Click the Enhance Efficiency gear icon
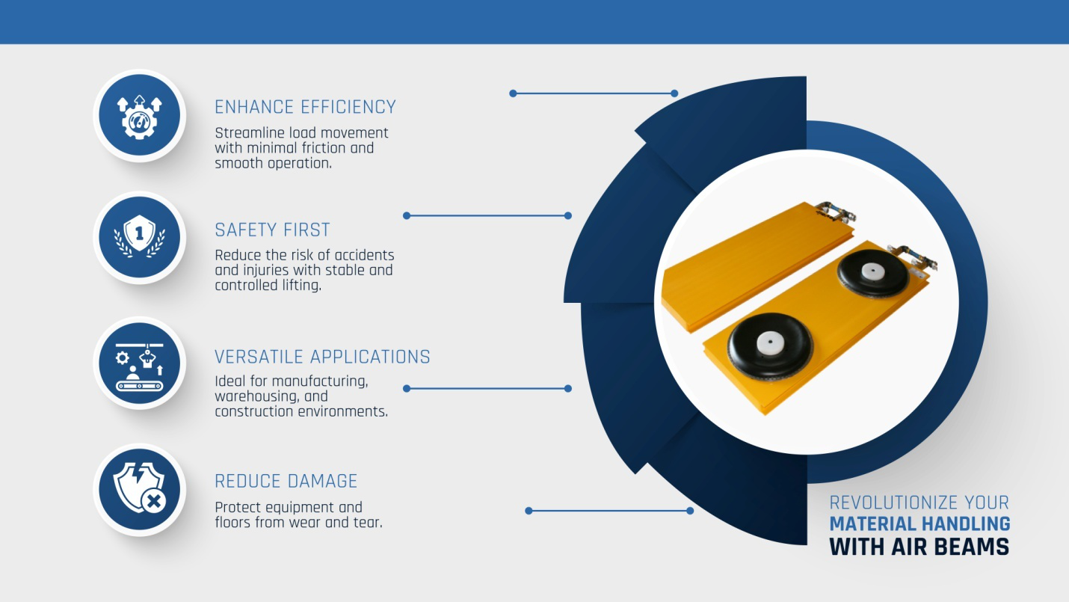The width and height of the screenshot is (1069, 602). (139, 117)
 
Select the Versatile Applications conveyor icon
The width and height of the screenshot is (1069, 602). (139, 366)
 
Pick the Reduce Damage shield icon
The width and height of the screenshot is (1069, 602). (139, 488)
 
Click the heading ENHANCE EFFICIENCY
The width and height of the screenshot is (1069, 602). (306, 107)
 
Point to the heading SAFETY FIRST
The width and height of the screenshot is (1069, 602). (272, 230)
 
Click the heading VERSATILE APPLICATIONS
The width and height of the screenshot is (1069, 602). (323, 357)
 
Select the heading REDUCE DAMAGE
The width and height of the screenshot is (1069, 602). (286, 481)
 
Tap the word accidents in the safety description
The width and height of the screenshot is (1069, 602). (363, 255)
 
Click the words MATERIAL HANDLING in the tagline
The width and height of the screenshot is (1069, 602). (919, 523)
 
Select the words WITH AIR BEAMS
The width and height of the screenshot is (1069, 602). (919, 547)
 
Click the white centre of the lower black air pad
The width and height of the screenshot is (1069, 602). (770, 343)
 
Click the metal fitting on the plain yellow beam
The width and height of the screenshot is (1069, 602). (835, 212)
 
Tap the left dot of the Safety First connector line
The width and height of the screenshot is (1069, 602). (407, 216)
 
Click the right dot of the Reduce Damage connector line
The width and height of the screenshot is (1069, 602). (690, 511)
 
